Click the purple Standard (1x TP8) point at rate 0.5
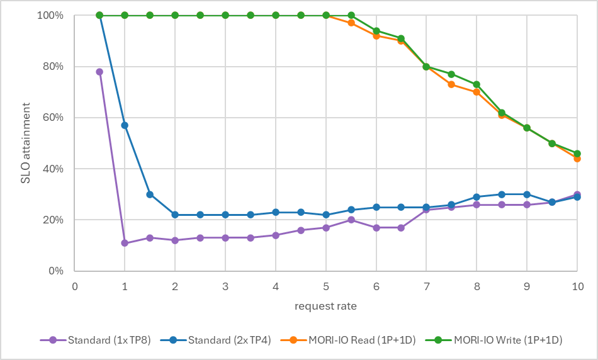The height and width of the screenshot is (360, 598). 99,72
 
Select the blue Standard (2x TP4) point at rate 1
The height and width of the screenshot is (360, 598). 125,125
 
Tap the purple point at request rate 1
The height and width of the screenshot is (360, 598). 125,243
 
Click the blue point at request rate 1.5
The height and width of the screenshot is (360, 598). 150,194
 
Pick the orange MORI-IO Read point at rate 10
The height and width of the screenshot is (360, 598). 577,159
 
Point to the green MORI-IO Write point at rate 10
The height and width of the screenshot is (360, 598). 577,154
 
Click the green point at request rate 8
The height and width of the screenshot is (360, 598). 477,84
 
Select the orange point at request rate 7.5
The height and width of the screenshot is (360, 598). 451,84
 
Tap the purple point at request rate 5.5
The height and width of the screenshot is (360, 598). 351,220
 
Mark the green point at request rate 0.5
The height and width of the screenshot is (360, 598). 99,15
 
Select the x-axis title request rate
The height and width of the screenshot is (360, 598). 326,307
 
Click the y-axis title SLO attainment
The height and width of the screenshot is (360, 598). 26,143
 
